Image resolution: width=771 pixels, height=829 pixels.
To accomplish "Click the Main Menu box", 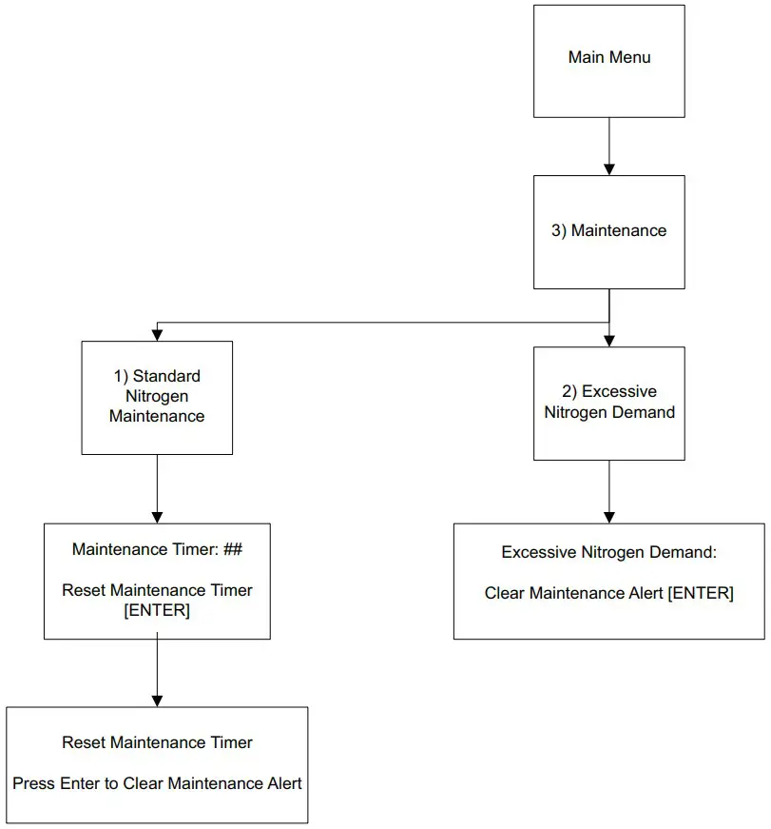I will pyautogui.click(x=608, y=62).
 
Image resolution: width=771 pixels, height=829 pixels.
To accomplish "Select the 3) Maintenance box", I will pyautogui.click(x=608, y=231).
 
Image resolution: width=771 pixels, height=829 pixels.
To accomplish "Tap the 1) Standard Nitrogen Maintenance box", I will pyautogui.click(x=157, y=397).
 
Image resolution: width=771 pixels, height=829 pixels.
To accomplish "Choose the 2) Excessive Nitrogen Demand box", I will pyautogui.click(x=608, y=403).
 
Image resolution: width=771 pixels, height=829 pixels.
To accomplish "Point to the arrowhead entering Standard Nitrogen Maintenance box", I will pyautogui.click(x=157, y=334).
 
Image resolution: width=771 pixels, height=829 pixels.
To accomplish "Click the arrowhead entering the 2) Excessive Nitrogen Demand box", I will pyautogui.click(x=608, y=340).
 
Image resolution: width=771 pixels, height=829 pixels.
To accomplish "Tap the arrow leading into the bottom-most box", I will pyautogui.click(x=157, y=672).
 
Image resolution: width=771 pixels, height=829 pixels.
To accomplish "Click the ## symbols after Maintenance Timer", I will pyautogui.click(x=234, y=549).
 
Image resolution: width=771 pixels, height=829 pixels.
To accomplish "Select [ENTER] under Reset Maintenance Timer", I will pyautogui.click(x=157, y=611).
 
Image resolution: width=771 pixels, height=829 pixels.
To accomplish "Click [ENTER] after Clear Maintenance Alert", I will pyautogui.click(x=700, y=593).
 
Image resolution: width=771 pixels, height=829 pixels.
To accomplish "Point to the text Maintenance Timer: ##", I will pyautogui.click(x=157, y=549).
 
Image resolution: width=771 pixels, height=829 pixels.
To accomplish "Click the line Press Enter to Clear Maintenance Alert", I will pyautogui.click(x=157, y=783).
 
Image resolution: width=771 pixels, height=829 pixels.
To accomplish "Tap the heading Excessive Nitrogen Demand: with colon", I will pyautogui.click(x=608, y=552).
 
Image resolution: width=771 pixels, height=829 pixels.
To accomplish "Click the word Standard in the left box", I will pyautogui.click(x=166, y=376).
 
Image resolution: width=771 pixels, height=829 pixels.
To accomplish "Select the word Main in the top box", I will pyautogui.click(x=586, y=57).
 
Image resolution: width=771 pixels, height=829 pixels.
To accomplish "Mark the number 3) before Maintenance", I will pyautogui.click(x=559, y=231).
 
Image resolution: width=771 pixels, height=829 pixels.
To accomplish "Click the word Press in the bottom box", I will pyautogui.click(x=33, y=783).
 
